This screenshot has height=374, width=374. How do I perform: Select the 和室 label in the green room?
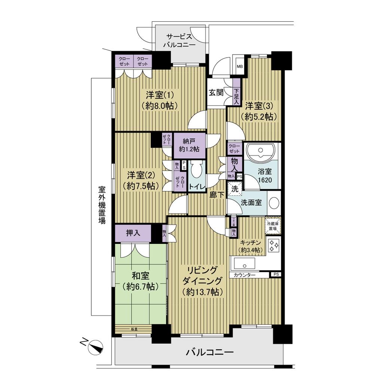pos(140,281)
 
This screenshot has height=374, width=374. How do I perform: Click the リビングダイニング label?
pos(202,280)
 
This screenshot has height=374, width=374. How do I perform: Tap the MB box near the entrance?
pos(239,67)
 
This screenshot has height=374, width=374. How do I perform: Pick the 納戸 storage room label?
pos(188,145)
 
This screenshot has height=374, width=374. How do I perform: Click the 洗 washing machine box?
pos(234,189)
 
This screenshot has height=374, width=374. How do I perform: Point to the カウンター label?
pos(245,275)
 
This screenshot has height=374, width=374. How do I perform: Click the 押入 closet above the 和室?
pos(133,233)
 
